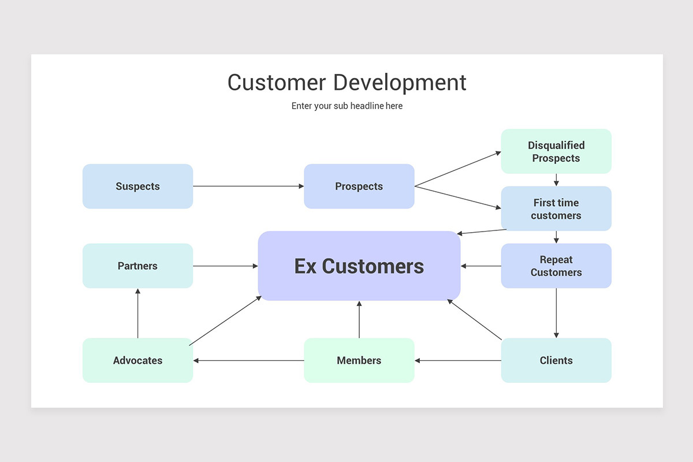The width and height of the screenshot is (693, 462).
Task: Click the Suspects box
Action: [x=137, y=187]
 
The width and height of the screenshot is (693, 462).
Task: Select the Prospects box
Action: [x=359, y=187]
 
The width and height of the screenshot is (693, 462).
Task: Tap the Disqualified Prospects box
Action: [x=556, y=151]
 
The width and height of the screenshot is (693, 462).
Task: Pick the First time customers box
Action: [x=556, y=208]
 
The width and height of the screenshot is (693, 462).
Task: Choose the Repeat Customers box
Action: [x=556, y=266]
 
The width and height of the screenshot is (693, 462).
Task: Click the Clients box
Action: [x=556, y=360]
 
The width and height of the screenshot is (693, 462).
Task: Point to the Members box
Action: [x=359, y=360]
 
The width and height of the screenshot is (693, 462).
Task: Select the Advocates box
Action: [x=137, y=360]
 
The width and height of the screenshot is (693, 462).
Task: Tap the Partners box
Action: [x=137, y=266]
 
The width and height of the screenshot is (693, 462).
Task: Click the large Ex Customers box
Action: [x=359, y=266]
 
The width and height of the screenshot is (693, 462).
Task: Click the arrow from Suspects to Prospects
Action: [x=248, y=187]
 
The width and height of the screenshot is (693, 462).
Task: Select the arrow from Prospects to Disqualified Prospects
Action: [x=458, y=169]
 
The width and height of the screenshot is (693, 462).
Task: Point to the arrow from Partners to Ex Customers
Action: [x=226, y=266]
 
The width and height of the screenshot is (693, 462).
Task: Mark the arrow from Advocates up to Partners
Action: [x=137, y=313]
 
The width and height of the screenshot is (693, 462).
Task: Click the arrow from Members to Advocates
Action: [x=248, y=360]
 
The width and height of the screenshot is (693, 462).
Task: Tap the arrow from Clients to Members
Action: [x=458, y=360]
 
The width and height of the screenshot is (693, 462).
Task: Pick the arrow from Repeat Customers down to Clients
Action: [x=556, y=313]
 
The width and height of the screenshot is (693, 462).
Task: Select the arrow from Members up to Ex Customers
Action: [x=359, y=319]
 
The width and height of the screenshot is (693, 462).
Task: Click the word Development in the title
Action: [x=400, y=83]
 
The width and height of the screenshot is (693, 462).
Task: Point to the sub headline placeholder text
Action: [x=347, y=106]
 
